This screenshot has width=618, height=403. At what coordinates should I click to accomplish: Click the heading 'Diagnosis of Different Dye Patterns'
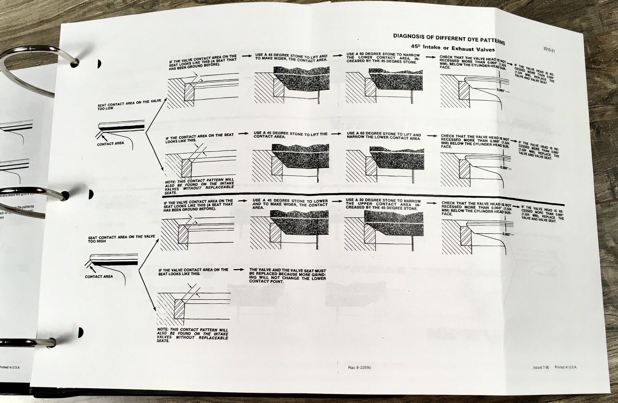click(448, 39)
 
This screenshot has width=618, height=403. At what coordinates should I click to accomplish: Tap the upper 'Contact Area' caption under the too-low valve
click(111, 144)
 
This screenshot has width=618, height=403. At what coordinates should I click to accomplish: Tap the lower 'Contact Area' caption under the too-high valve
click(99, 276)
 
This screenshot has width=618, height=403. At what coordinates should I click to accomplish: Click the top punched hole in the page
click(99, 63)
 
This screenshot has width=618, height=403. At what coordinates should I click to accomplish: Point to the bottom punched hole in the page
click(80, 331)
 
